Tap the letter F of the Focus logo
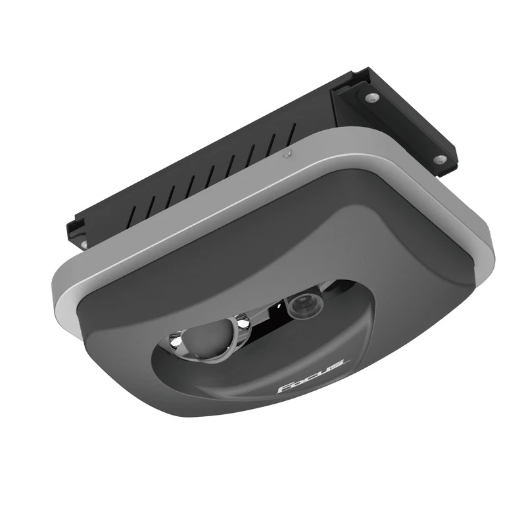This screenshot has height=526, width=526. coord(283,387)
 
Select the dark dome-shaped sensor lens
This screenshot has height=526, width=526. coord(206,337)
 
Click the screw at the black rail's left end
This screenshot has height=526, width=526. coord(84,245)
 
